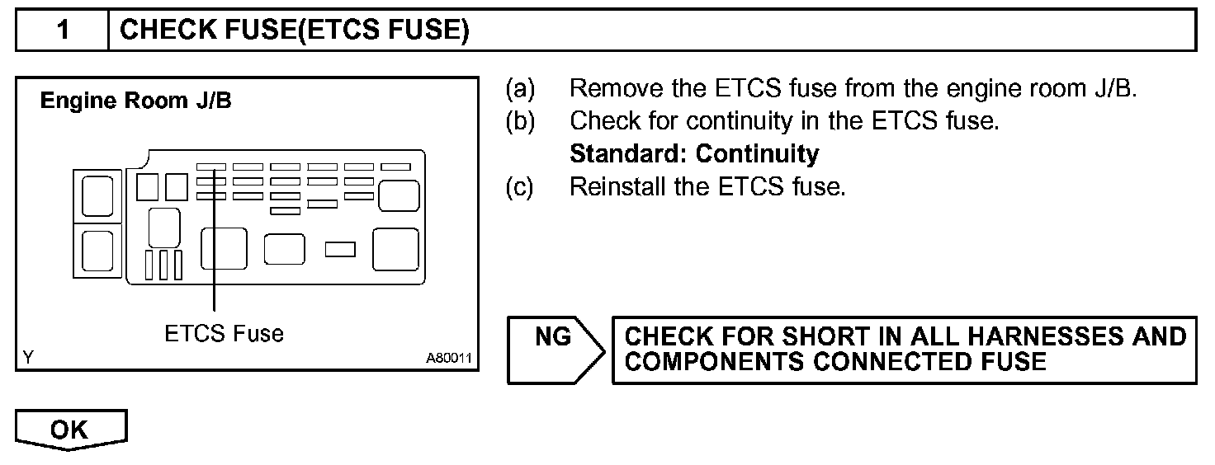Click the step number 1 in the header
(x=63, y=31)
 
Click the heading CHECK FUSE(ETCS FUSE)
(x=294, y=31)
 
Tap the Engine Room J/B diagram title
(x=136, y=102)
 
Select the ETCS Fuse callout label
(x=224, y=333)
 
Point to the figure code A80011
(x=448, y=359)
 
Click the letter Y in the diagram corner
(x=29, y=358)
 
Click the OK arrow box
(x=71, y=430)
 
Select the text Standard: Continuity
(x=694, y=154)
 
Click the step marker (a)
(x=521, y=88)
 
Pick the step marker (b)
(x=521, y=121)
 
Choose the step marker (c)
(x=521, y=187)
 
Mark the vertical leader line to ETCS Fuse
(x=214, y=247)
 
